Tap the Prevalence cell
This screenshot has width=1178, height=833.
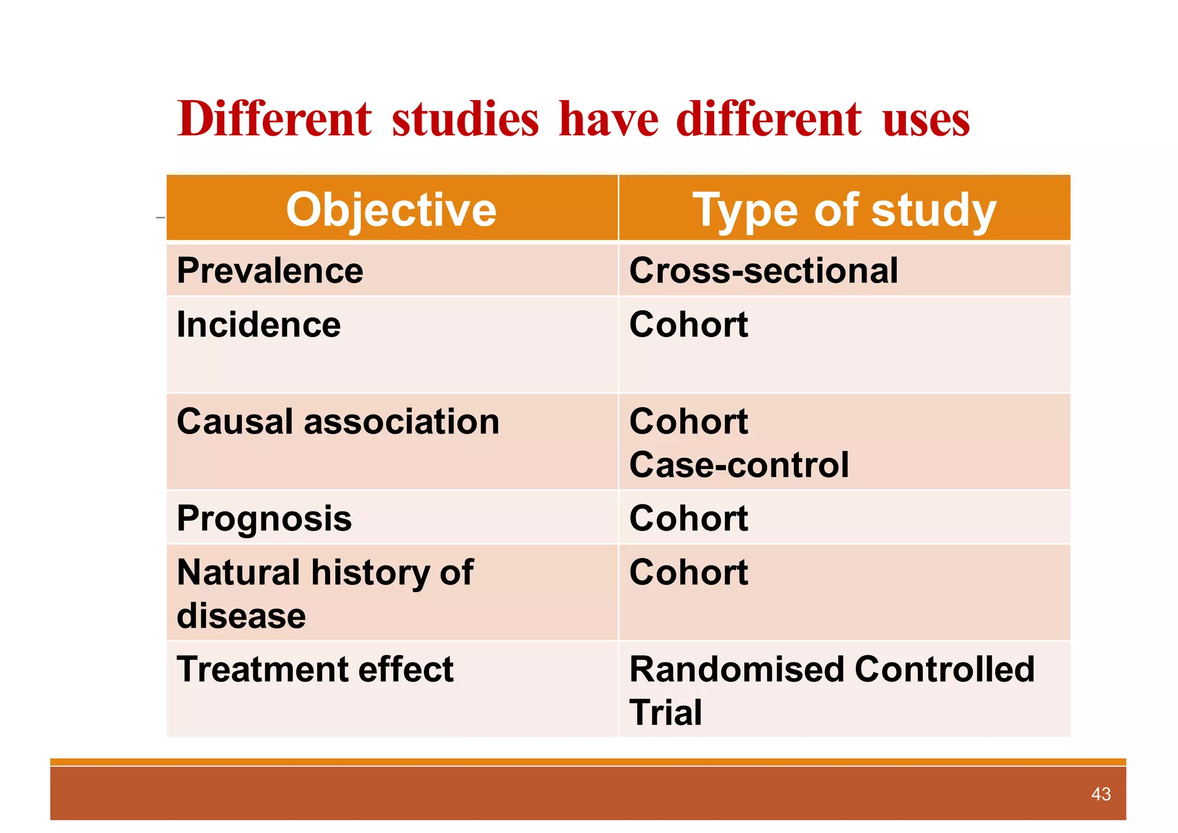coord(270,270)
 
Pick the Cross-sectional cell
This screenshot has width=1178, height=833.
coord(763,270)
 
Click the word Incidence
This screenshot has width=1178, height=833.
coord(258,324)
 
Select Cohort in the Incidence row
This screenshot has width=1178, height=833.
coord(689,324)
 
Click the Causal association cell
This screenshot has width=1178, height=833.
coord(338,422)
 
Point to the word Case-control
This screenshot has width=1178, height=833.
coord(739,465)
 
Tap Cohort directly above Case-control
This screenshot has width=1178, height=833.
coord(689,422)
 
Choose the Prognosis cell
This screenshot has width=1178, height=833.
coord(264,519)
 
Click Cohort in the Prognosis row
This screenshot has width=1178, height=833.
coord(689,519)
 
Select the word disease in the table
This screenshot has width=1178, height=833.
coord(241,616)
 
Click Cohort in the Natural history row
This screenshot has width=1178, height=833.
coord(689,572)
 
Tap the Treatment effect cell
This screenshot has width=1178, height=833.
coord(315,670)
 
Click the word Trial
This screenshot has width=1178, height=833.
coord(666,713)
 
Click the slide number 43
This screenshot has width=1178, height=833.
coord(1100,794)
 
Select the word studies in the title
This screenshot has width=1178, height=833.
coord(465,119)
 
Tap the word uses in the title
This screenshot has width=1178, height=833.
coord(925,119)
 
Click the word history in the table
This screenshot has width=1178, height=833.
coord(370,572)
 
